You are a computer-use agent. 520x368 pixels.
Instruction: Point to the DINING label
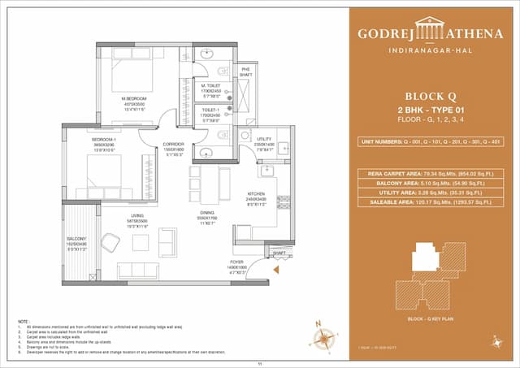tap(206, 214)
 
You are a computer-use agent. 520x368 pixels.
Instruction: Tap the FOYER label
tap(237, 263)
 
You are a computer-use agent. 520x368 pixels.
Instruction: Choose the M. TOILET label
tap(212, 85)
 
